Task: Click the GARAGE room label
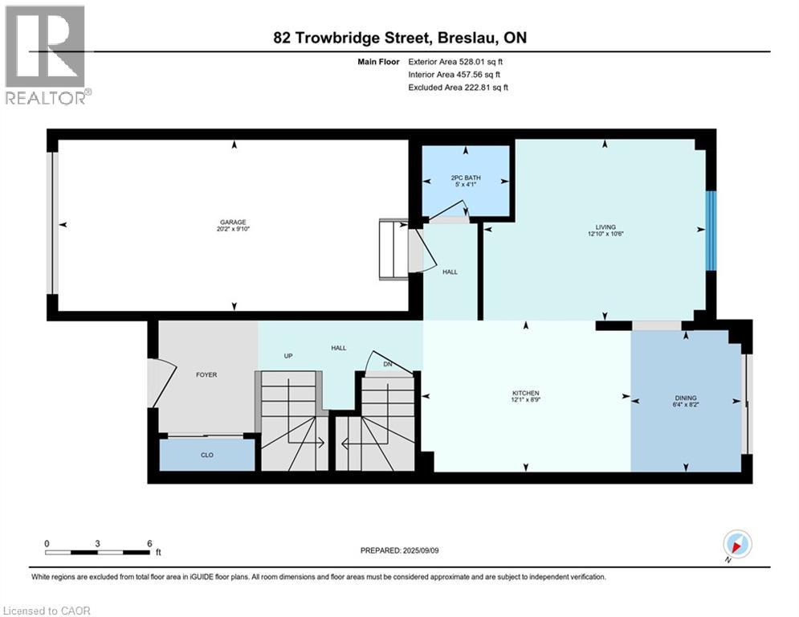233,223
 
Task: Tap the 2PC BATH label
465,178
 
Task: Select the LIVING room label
605,227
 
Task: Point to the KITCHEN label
525,393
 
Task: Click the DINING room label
685,398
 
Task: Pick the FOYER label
206,375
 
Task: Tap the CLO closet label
207,455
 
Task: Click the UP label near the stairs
288,356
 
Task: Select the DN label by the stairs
388,364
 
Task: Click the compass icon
737,544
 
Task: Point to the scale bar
97,552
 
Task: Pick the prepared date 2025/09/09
421,550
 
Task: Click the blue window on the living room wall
711,231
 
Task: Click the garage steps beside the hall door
393,249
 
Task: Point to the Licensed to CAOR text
47,611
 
